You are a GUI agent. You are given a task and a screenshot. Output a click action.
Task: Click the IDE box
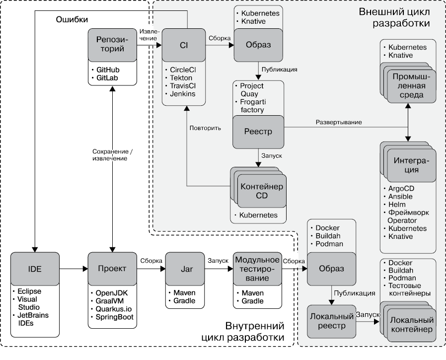click(x=35, y=269)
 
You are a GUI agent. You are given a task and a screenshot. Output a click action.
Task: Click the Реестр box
click(x=258, y=133)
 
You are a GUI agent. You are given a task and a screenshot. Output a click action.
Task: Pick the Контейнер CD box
click(x=261, y=191)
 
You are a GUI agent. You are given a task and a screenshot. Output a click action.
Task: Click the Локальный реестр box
click(x=331, y=321)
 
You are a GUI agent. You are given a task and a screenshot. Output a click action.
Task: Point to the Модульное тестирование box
click(x=257, y=269)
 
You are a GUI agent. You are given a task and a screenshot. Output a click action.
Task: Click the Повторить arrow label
click(x=205, y=127)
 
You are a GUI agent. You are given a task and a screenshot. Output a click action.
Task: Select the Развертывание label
click(x=339, y=122)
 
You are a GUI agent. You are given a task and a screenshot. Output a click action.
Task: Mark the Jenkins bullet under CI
click(x=183, y=94)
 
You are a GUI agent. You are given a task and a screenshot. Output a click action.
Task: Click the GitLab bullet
click(x=108, y=78)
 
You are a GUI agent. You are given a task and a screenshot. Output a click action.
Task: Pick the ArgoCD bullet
click(x=402, y=189)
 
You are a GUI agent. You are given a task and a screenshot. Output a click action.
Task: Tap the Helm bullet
click(x=397, y=205)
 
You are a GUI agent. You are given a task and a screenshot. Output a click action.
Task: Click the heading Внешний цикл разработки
click(x=394, y=17)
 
